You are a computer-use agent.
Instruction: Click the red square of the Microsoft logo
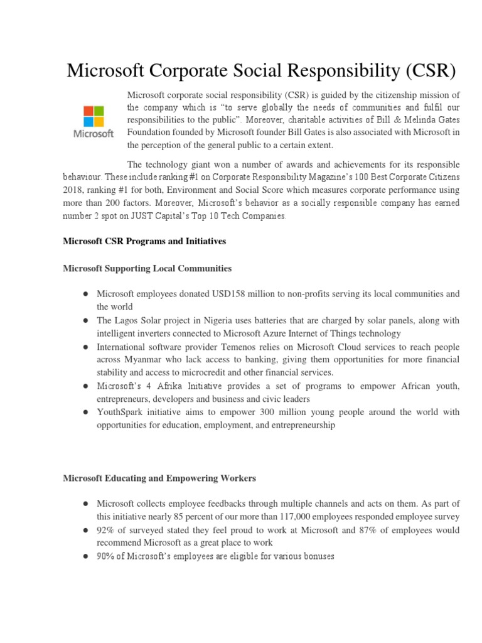[88, 111]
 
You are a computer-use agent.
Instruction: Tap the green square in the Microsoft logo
[99, 111]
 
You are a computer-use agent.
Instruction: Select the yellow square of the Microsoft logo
[99, 121]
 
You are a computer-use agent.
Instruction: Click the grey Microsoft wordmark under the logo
[94, 134]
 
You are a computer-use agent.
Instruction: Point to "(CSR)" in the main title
[422, 70]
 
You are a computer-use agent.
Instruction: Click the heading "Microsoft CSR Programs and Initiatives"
[144, 241]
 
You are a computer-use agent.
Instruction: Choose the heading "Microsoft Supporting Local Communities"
[147, 268]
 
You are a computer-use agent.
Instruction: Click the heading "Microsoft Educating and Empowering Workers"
[159, 478]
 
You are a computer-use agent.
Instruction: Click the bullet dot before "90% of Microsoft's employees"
[83, 556]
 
